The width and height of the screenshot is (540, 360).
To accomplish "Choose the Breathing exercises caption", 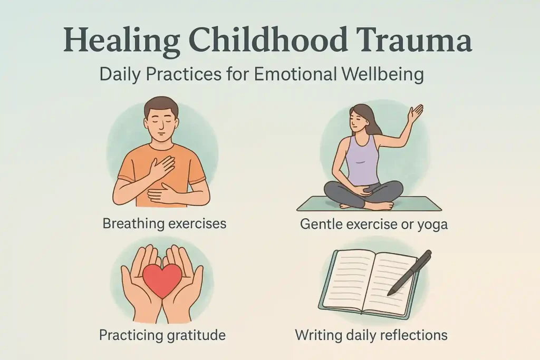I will click(165, 223).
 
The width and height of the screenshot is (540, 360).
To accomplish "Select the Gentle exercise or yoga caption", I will click(374, 224).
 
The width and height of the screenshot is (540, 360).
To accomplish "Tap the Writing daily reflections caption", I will click(371, 334).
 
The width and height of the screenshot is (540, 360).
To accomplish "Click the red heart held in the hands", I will click(162, 280).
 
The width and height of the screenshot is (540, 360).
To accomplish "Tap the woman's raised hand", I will click(416, 113).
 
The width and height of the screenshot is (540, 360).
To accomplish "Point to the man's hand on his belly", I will click(162, 194).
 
